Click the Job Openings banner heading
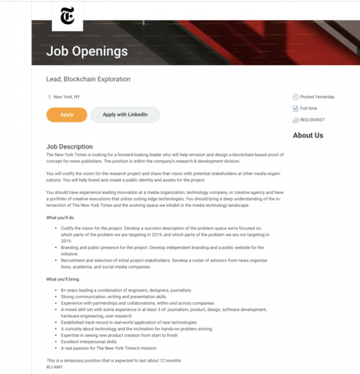point(87,51)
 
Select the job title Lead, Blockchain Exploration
point(88,79)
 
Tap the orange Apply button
point(67,115)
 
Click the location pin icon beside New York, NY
point(49,97)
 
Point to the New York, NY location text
point(67,97)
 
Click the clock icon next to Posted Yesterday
point(295,97)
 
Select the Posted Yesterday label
point(317,97)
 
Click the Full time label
point(309,109)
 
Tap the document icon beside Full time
point(295,109)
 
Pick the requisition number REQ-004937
point(312,120)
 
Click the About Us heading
point(308,135)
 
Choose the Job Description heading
point(69,147)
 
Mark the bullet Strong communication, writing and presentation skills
point(113,297)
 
